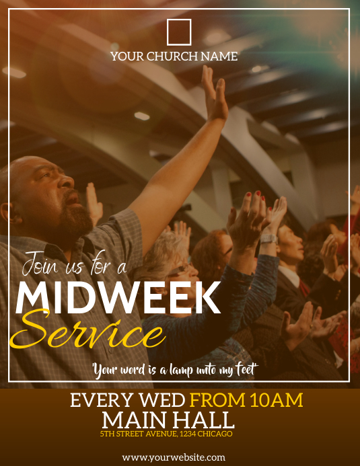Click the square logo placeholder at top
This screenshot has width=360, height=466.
coord(179,32)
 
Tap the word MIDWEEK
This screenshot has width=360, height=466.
coord(118,297)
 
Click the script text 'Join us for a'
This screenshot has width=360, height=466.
coord(75,265)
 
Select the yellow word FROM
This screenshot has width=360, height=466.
coord(217,401)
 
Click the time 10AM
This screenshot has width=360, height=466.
coord(277,401)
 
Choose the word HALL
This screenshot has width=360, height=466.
coord(204,421)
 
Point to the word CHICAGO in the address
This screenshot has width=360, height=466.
coord(215,434)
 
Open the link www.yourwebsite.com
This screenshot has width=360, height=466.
coord(174,457)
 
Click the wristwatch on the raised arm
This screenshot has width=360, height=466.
coord(268,237)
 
